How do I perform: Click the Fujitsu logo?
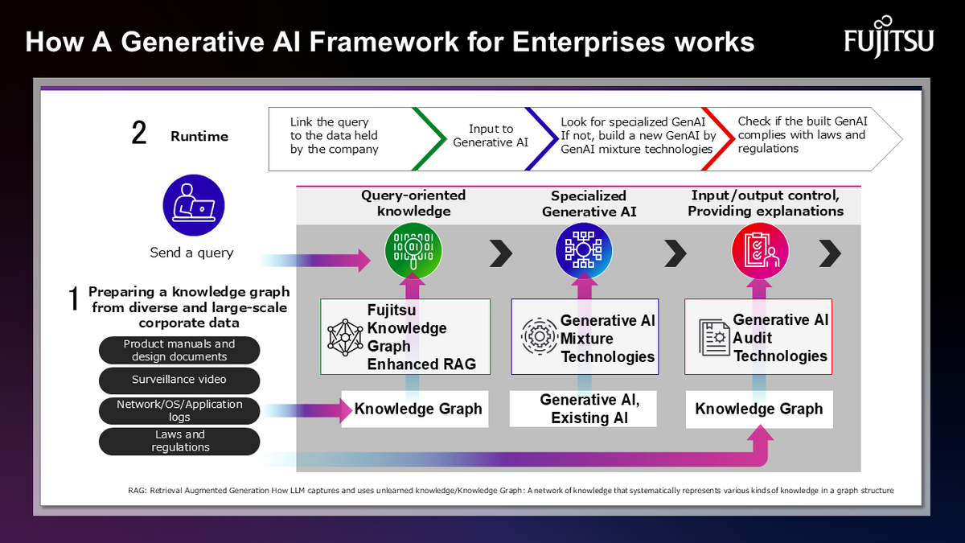(x=889, y=38)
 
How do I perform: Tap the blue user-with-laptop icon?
(x=194, y=205)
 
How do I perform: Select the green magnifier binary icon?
(x=413, y=251)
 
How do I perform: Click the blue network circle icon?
(x=584, y=251)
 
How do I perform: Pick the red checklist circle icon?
(x=760, y=251)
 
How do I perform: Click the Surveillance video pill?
(x=179, y=380)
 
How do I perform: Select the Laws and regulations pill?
(x=179, y=441)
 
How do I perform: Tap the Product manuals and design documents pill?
(x=179, y=351)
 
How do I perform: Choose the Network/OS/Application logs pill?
(x=179, y=411)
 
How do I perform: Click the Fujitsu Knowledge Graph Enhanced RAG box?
(x=405, y=336)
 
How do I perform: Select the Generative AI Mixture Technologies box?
(x=585, y=336)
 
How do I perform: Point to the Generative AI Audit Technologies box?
(x=758, y=336)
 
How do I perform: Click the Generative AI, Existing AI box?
(x=583, y=409)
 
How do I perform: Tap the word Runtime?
(x=199, y=137)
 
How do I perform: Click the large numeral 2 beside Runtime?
(x=138, y=133)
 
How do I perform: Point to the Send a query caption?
(x=191, y=253)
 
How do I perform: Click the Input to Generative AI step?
(x=491, y=135)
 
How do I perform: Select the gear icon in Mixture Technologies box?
(x=539, y=336)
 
